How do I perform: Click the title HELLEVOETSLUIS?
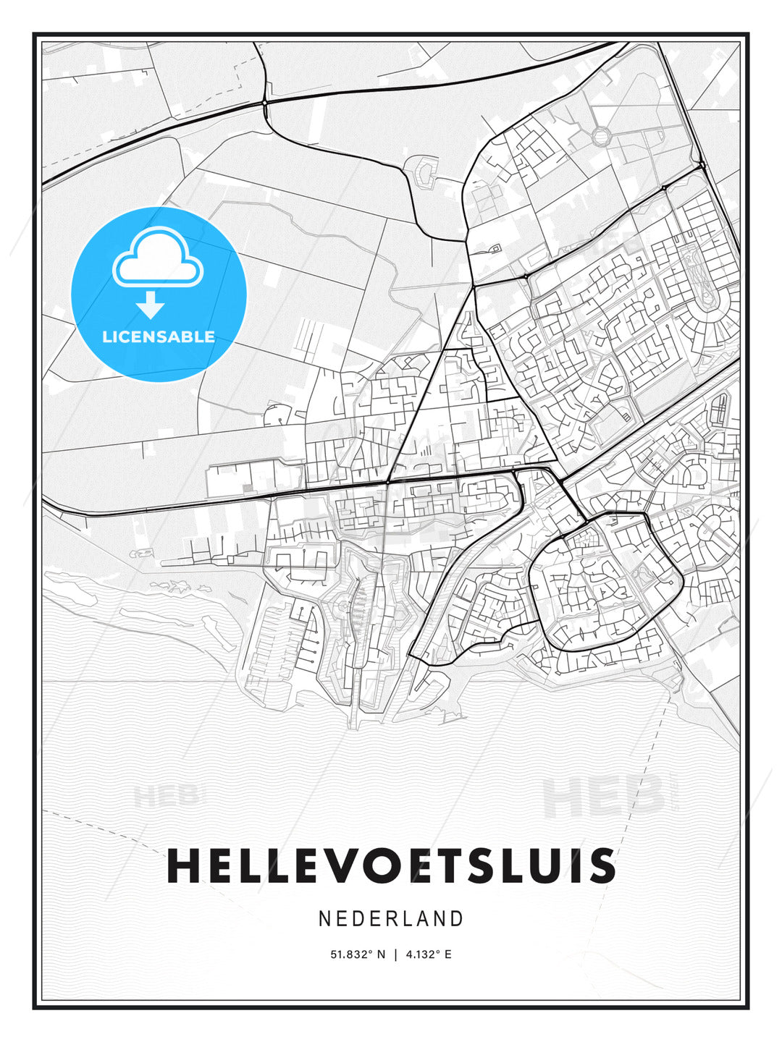(391, 866)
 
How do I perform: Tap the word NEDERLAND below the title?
(391, 918)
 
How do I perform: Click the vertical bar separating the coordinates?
(395, 954)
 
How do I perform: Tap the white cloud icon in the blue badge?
(158, 258)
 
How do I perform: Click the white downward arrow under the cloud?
(151, 305)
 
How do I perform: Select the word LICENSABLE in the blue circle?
(159, 336)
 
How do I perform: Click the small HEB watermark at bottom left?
(166, 797)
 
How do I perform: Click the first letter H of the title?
(183, 866)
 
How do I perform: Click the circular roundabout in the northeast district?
(602, 135)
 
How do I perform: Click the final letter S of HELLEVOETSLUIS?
(600, 866)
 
